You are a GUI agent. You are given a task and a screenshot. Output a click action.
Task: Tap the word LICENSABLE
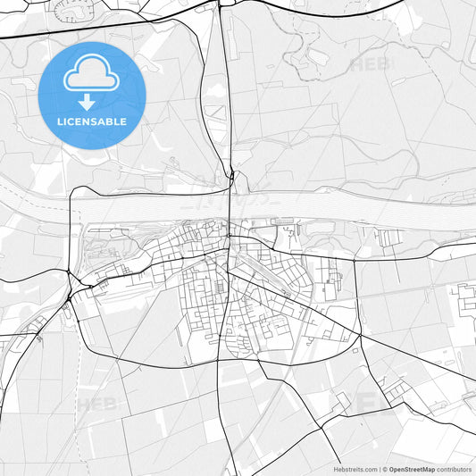(91, 121)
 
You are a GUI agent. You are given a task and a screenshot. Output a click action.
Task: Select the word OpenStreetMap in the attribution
(412, 469)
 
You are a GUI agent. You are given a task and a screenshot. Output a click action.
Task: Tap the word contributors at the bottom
(454, 469)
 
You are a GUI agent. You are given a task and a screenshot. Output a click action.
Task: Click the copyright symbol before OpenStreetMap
(384, 469)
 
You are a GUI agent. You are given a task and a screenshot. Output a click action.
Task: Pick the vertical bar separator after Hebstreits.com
(378, 469)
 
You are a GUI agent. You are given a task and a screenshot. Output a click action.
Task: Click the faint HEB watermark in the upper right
(371, 64)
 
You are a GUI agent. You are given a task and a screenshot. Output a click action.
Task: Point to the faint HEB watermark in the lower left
(96, 405)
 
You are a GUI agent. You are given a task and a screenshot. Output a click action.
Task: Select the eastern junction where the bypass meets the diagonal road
(360, 335)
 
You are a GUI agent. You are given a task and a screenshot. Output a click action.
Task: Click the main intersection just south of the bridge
(229, 238)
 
